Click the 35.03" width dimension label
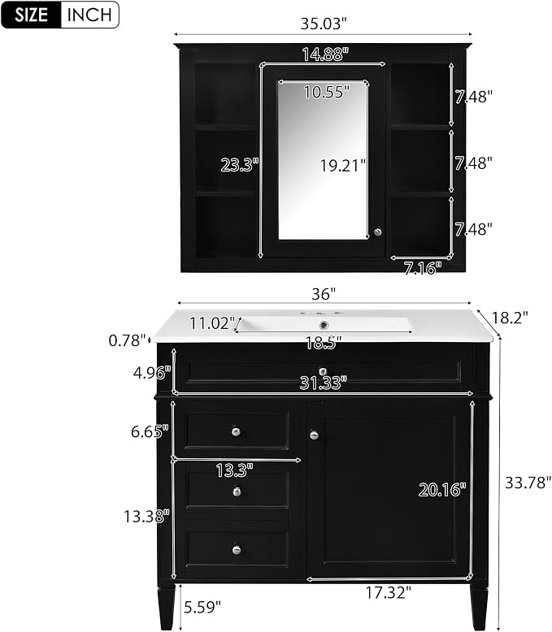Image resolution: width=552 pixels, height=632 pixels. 324,24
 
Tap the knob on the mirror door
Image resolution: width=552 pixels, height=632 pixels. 378,232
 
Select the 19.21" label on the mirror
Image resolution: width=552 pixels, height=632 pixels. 343,165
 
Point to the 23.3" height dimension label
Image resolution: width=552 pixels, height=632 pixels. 239,165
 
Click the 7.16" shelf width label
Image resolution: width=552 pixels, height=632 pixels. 423,267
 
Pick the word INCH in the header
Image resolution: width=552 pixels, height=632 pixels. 89,15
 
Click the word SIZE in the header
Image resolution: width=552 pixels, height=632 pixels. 31,15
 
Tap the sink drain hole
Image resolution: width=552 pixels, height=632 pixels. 323,324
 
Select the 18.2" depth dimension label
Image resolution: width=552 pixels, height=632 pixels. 510,318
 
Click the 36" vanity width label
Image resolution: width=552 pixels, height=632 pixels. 324,294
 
